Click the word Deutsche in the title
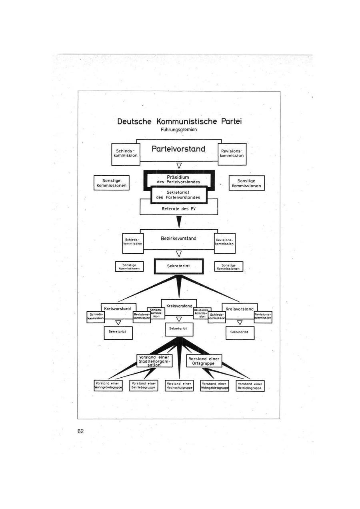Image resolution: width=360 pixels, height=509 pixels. click(135, 121)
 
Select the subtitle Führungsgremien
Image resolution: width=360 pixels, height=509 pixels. click(179, 130)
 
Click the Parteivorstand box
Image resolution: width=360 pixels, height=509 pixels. click(179, 149)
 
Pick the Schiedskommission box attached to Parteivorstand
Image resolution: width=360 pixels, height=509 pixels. click(126, 153)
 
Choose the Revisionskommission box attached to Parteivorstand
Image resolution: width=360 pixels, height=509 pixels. click(232, 153)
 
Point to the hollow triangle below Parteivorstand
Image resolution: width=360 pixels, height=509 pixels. click(179, 165)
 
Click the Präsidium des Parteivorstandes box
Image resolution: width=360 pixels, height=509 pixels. click(179, 178)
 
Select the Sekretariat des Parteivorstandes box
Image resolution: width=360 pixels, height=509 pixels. click(179, 194)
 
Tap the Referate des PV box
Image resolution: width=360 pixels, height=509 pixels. click(179, 208)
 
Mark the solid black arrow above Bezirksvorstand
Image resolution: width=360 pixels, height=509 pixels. click(179, 221)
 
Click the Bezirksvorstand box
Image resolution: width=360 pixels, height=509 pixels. click(179, 238)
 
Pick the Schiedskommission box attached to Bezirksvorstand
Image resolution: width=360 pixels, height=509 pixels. click(133, 242)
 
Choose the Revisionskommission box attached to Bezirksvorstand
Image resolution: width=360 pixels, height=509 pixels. click(225, 242)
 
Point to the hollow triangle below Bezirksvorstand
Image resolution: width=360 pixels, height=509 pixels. click(179, 253)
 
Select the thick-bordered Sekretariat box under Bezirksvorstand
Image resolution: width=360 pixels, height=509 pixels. click(179, 266)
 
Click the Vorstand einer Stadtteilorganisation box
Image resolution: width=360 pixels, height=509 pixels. click(154, 361)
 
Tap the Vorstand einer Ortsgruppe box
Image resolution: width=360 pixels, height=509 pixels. click(204, 361)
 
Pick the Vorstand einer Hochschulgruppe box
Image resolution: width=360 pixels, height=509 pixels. click(179, 385)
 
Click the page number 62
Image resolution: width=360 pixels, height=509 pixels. click(81, 431)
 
